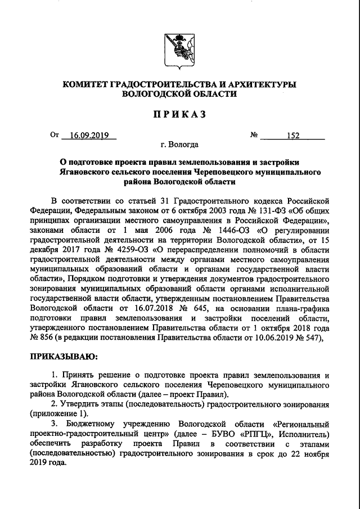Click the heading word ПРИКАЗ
pos(180,114)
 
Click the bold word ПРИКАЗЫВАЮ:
pos(64,356)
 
